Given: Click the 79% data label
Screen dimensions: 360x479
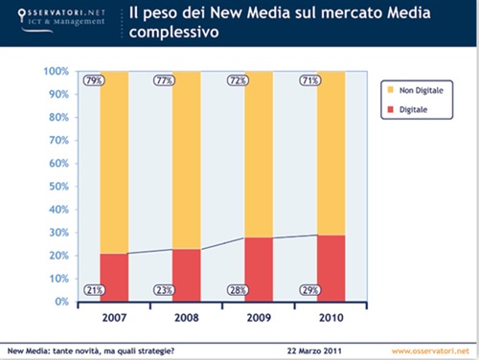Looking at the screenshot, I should tap(94, 79).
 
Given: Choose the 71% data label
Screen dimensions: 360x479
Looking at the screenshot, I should tap(309, 79).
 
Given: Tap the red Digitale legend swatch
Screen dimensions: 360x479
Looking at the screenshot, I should tap(390, 111).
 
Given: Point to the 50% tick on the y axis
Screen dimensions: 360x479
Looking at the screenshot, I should tap(56, 187).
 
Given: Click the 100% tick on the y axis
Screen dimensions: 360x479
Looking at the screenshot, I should tap(54, 71).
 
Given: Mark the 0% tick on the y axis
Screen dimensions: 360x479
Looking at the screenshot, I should tap(59, 303).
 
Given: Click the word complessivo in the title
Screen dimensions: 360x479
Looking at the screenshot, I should tap(175, 33).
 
